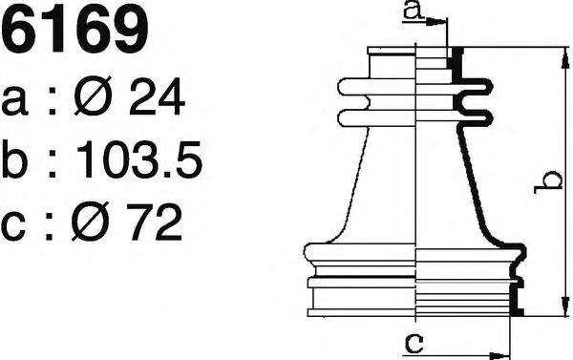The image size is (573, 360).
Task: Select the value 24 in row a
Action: (157, 96)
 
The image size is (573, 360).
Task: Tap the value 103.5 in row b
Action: (139, 159)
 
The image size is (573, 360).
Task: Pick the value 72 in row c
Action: (155, 222)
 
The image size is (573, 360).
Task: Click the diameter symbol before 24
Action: (93, 95)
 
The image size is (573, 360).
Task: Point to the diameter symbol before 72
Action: (90, 222)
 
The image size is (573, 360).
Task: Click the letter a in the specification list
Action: (14, 100)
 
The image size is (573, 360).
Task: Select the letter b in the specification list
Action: (14, 159)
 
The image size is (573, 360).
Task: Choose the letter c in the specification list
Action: (13, 226)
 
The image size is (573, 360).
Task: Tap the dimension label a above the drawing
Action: (414, 11)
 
